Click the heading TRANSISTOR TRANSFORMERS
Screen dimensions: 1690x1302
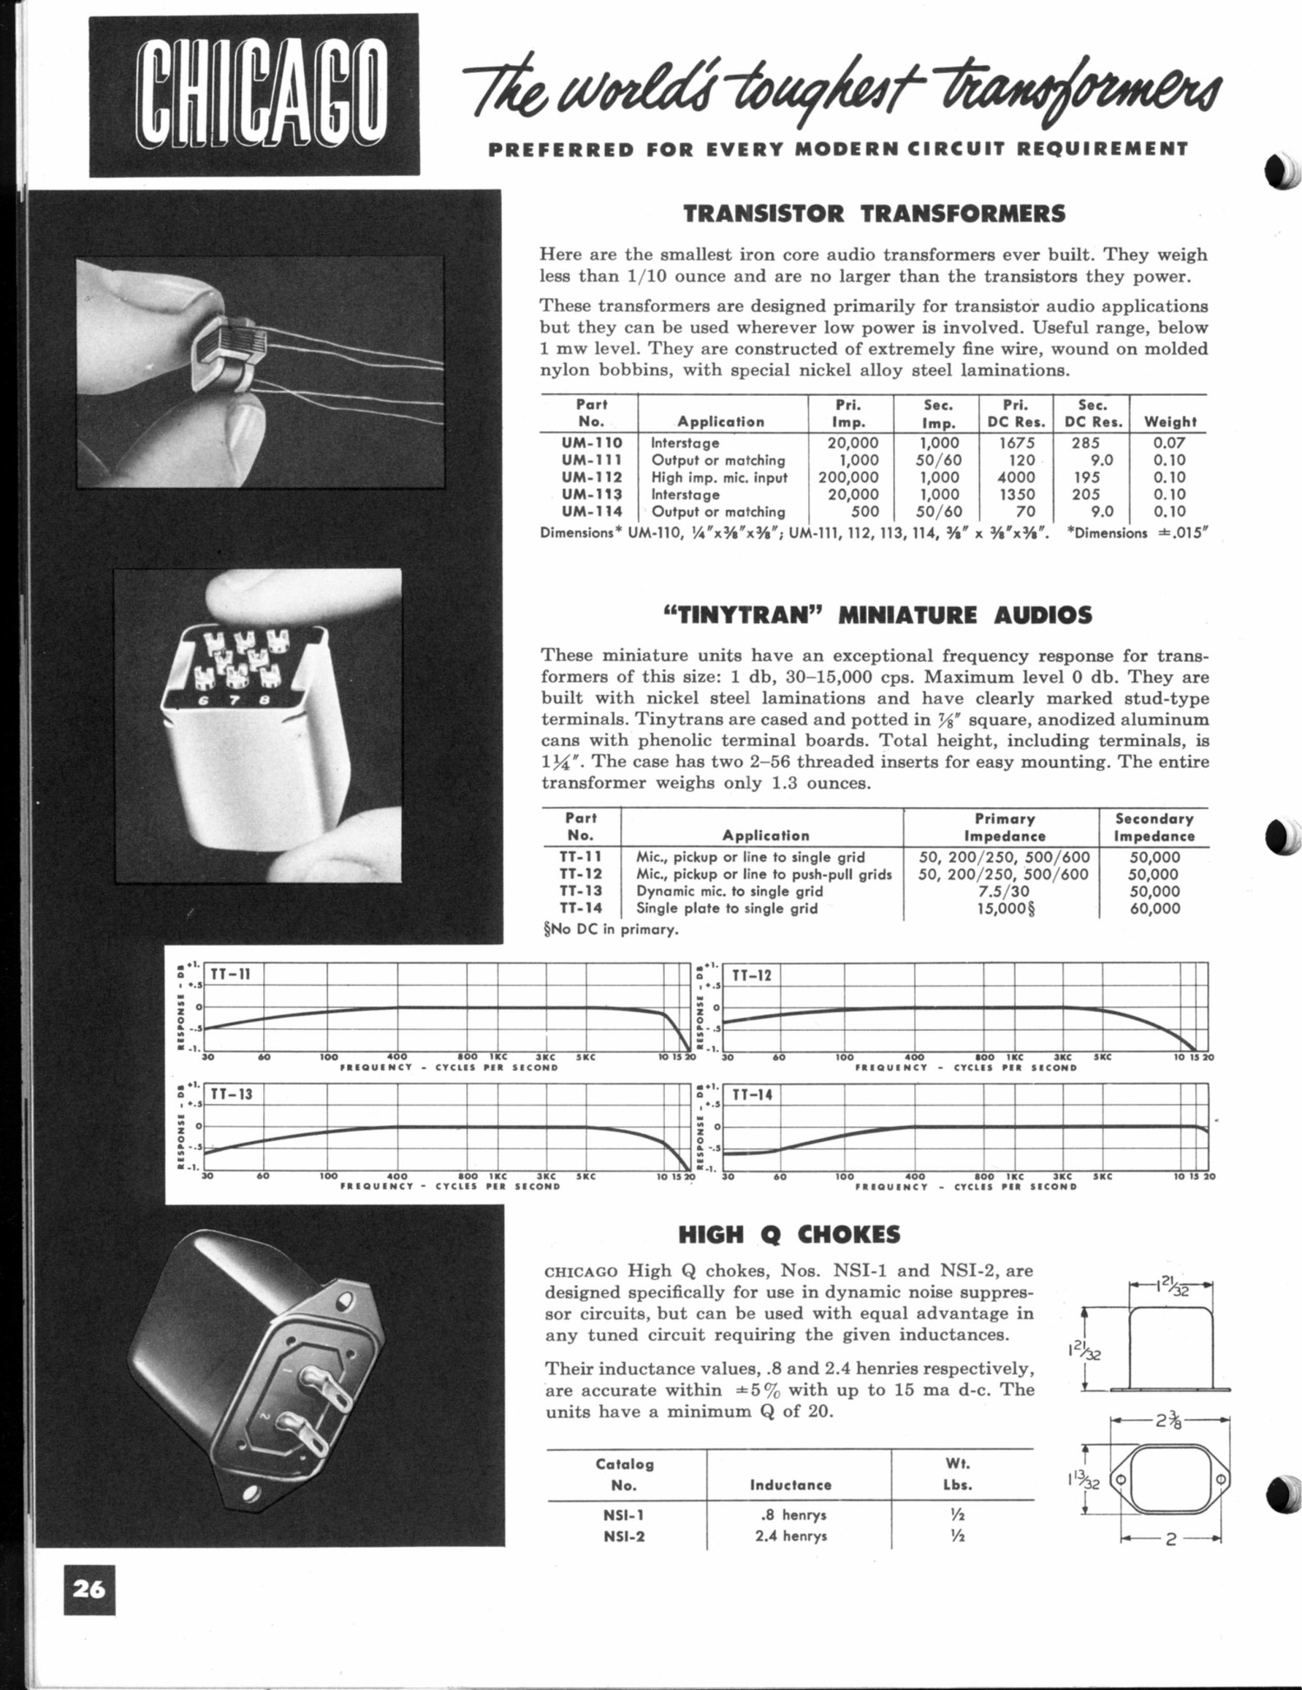pyautogui.click(x=873, y=214)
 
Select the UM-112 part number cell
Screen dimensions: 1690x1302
pyautogui.click(x=591, y=477)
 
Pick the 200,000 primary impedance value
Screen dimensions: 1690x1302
pyautogui.click(x=848, y=477)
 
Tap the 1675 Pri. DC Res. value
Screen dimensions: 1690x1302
pyautogui.click(x=1016, y=442)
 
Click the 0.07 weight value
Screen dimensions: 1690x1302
pyautogui.click(x=1169, y=442)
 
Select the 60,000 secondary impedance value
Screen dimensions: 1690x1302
pyautogui.click(x=1154, y=908)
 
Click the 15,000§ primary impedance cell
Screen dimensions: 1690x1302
pyautogui.click(x=1003, y=908)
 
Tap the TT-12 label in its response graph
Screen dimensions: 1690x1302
pyautogui.click(x=752, y=975)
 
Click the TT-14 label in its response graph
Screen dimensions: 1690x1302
pyautogui.click(x=752, y=1095)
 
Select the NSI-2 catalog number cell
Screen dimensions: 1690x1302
pyautogui.click(x=623, y=1535)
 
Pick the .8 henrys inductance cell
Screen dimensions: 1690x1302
pyautogui.click(x=790, y=1515)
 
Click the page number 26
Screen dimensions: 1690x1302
pyautogui.click(x=89, y=1588)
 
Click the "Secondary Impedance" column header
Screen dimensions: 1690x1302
pyautogui.click(x=1154, y=827)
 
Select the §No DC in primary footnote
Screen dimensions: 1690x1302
pyautogui.click(x=608, y=929)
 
